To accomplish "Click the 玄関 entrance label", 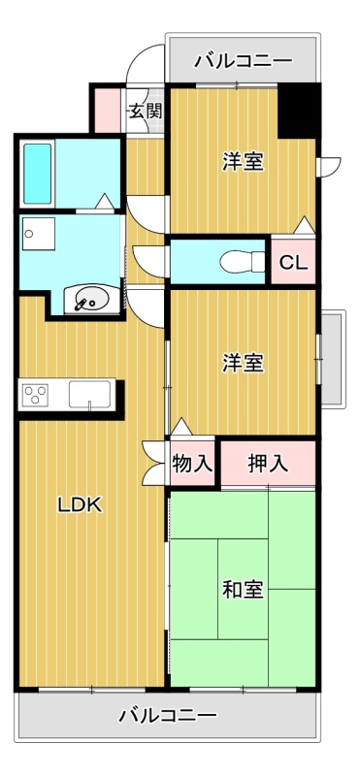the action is point(147,112).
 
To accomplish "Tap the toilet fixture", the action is point(243,261).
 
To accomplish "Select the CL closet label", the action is point(293,262).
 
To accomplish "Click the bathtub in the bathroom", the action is point(38,174).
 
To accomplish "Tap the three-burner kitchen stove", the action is point(35,396).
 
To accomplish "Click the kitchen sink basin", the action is point(90,395).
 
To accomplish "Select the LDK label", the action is point(81,505).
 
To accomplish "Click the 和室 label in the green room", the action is point(243,590).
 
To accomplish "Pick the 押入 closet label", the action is point(268,464).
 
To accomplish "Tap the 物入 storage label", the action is point(193,464).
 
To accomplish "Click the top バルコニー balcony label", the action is point(244,61).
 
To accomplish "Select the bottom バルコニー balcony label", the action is point(168,716).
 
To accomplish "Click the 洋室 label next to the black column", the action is point(243,161).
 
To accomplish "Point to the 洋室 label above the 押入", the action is point(243,365).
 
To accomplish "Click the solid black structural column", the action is point(298,111).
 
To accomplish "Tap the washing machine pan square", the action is point(38,234).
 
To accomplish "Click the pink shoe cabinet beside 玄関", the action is point(108,111).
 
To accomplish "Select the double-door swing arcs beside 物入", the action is point(153,464).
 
